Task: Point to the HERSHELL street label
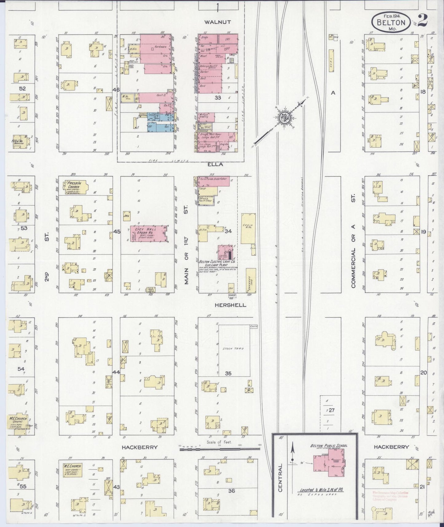(230, 305)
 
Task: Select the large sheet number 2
(423, 21)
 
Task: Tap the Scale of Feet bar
(219, 449)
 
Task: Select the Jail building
(127, 216)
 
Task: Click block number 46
(116, 90)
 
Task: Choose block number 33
(218, 97)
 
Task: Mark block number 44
(116, 372)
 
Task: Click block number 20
(424, 372)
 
